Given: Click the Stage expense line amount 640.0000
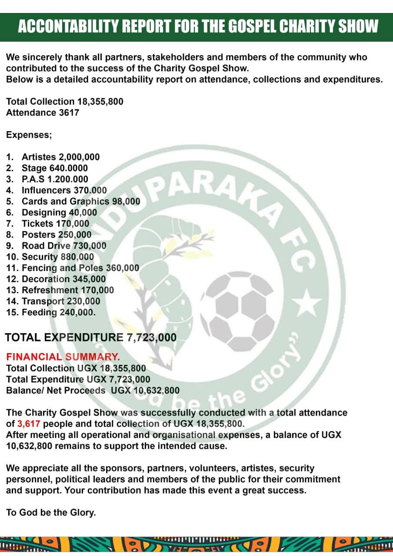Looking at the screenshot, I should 67,168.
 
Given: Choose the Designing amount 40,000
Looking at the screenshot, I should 83,212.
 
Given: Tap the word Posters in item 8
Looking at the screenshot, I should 38,235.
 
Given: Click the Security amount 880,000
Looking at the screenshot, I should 77,257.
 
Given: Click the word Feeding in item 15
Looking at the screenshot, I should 39,312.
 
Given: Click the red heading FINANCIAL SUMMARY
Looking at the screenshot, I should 63,357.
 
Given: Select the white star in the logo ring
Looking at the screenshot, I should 309,303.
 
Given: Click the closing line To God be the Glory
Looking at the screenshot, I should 51,513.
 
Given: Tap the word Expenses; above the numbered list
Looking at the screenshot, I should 29,135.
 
